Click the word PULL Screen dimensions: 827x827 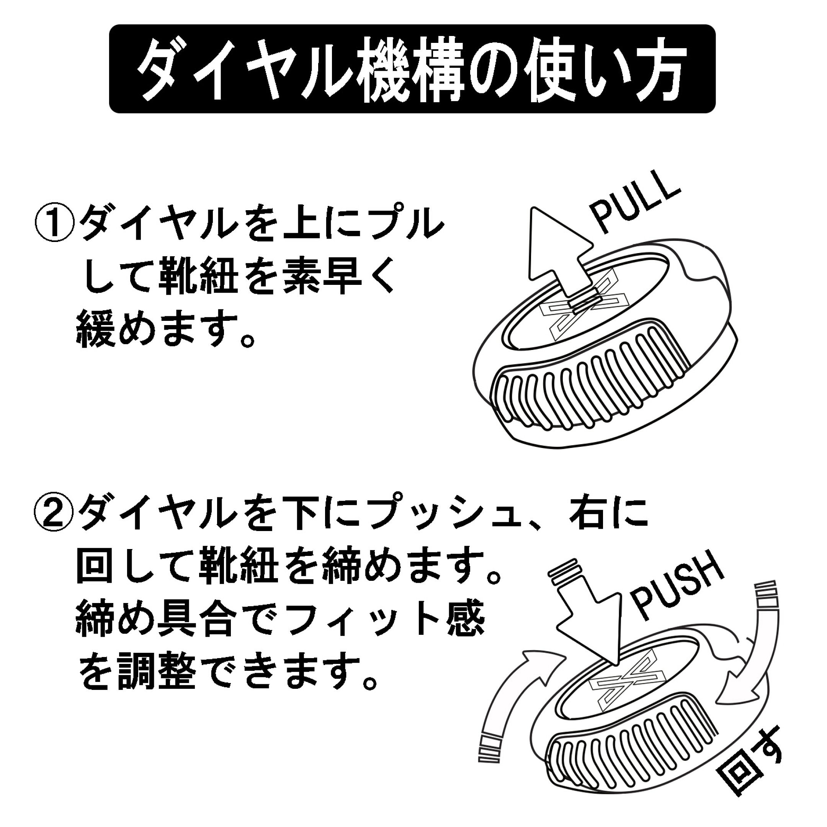click(x=635, y=209)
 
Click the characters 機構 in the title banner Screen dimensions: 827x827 click(x=413, y=70)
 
